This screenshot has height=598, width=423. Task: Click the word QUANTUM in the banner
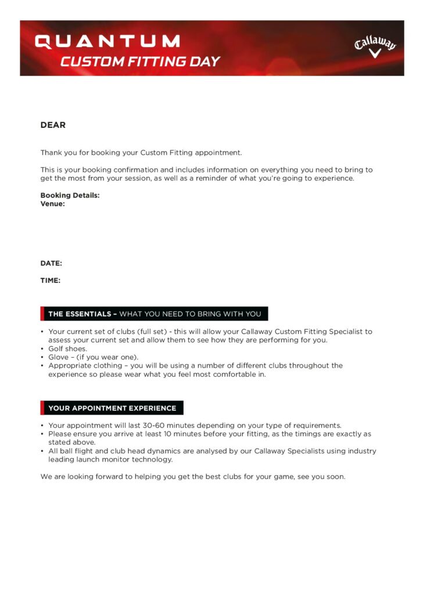coord(107,42)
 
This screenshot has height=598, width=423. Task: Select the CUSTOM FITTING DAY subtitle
coord(140,62)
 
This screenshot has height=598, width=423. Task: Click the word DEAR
coord(53,125)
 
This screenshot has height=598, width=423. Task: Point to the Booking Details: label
coord(70,196)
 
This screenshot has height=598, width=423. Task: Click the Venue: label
coord(52,204)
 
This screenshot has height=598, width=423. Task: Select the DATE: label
coord(51,264)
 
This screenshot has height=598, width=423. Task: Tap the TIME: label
coord(51,281)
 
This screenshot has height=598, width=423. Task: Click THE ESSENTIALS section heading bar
coord(154,314)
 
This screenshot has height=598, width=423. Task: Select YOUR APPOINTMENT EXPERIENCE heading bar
coord(112,408)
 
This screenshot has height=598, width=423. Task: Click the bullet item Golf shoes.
coord(67,349)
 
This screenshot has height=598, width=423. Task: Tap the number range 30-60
coord(153,425)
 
